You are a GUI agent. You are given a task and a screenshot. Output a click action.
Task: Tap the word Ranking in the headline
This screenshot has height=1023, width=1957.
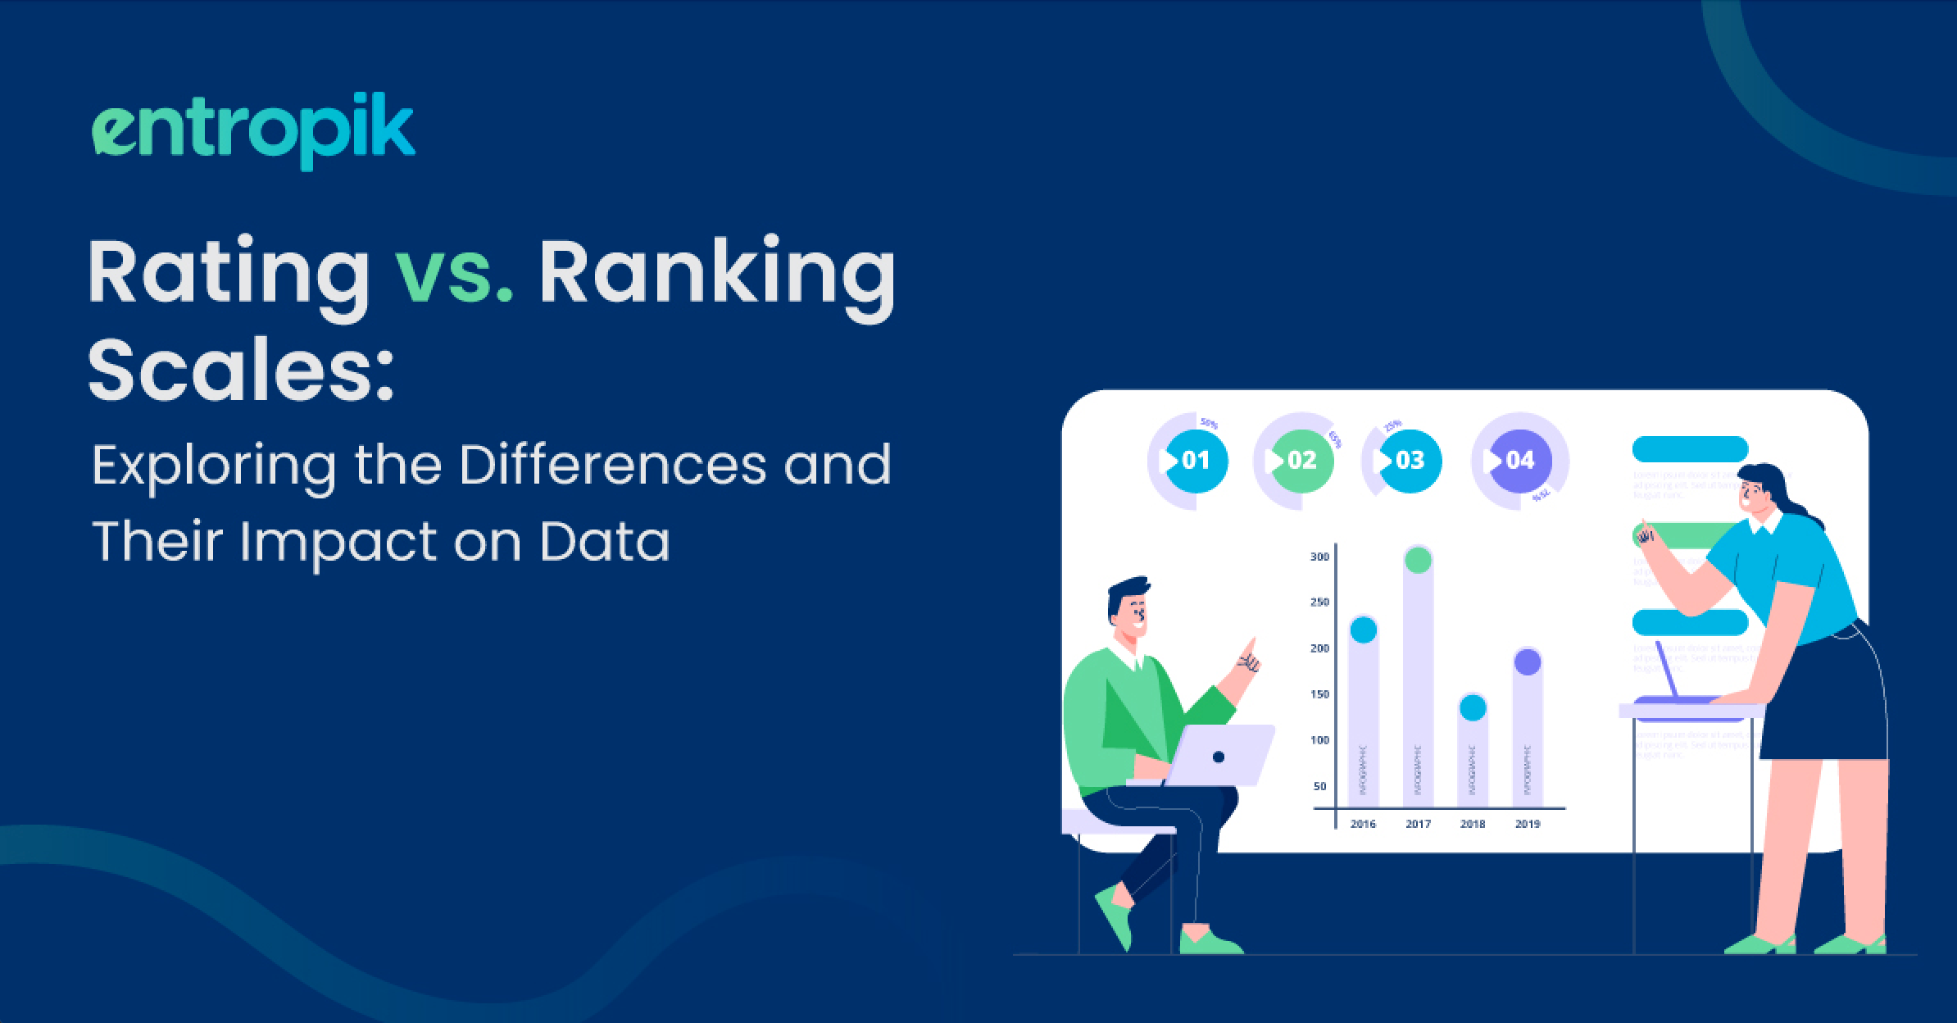[716, 275]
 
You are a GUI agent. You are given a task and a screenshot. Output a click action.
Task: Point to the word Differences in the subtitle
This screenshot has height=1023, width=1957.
[612, 465]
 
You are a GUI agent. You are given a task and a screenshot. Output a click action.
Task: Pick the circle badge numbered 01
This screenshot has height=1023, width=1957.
[1196, 461]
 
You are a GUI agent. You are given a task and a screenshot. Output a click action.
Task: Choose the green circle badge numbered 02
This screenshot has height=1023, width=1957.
[1301, 461]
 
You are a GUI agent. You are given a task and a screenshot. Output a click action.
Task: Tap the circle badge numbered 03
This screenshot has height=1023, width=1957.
[1409, 461]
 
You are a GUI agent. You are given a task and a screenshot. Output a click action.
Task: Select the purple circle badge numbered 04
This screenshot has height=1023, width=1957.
[1519, 461]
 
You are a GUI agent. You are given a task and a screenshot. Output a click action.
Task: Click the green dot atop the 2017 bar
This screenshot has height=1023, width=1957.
[1418, 561]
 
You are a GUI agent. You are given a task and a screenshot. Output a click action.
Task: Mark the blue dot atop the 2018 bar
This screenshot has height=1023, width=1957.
[1473, 707]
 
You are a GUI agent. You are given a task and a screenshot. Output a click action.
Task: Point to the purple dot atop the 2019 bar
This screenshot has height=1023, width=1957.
[1528, 662]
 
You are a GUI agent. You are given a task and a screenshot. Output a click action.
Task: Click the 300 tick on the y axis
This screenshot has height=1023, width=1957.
[1319, 557]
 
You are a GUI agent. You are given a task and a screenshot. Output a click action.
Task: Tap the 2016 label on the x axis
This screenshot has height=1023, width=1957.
[1363, 824]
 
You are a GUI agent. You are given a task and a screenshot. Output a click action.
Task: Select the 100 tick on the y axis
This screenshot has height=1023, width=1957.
[1319, 740]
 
